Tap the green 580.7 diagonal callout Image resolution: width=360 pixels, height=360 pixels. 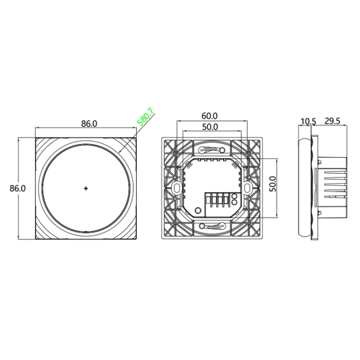[x=145, y=117]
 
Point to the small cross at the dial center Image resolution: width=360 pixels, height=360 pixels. [x=86, y=189]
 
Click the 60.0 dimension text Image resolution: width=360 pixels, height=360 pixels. [x=210, y=116]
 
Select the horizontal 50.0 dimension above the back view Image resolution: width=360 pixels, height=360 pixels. [x=210, y=127]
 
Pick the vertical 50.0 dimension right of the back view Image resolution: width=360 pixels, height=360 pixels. [x=272, y=183]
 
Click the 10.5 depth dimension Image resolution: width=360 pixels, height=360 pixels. [x=308, y=121]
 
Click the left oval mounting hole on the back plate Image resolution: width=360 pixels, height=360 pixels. [x=176, y=188]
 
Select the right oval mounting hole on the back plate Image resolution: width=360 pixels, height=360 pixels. [x=247, y=188]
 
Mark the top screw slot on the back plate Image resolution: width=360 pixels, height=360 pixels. [x=211, y=149]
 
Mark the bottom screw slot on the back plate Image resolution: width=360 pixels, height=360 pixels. [x=211, y=226]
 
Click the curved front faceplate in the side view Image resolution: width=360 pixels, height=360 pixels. [x=304, y=188]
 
